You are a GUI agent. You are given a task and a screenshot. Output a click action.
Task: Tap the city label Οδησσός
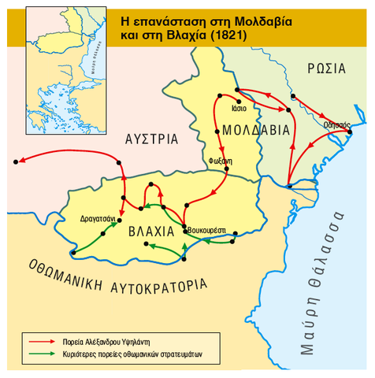click(335, 124)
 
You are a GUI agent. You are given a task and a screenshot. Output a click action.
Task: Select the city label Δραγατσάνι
click(98, 218)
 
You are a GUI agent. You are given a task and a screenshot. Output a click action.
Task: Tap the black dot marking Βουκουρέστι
click(184, 229)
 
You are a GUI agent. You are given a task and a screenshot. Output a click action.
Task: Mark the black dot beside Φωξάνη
click(227, 168)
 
